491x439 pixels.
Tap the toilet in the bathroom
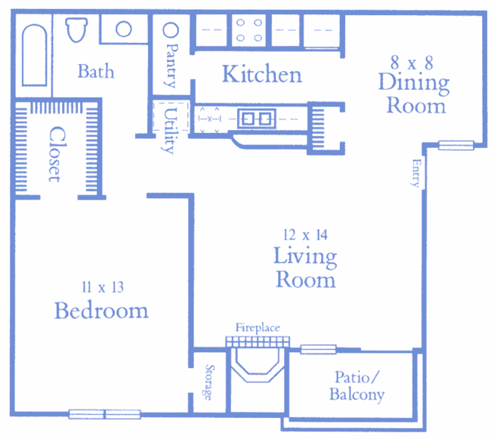tap(76, 31)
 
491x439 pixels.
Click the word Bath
tap(96, 72)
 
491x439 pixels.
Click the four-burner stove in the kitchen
tap(250, 31)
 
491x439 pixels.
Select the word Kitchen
tap(261, 74)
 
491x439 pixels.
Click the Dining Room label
tap(415, 93)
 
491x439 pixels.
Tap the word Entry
tap(415, 172)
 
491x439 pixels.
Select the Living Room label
tap(305, 267)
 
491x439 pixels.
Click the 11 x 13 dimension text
tap(101, 286)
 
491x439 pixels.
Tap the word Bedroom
tap(100, 311)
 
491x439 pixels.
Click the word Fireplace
tap(257, 327)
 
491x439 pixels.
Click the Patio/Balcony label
tap(357, 386)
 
